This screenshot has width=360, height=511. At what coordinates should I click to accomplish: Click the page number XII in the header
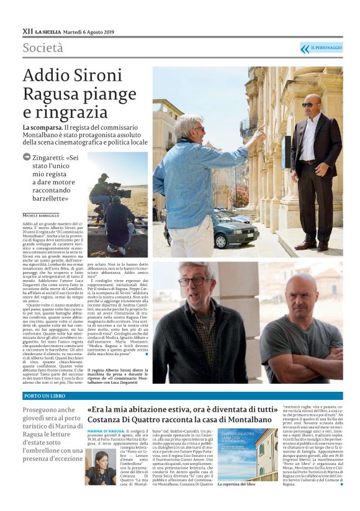tap(27, 30)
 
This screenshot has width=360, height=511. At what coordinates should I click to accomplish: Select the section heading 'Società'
tap(43, 48)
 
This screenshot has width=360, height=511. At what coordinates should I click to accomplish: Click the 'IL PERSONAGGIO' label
tap(326, 48)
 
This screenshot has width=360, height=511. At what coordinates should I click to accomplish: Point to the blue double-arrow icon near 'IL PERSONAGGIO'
tap(304, 48)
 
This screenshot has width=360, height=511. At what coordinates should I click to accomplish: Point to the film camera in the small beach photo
tap(115, 187)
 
